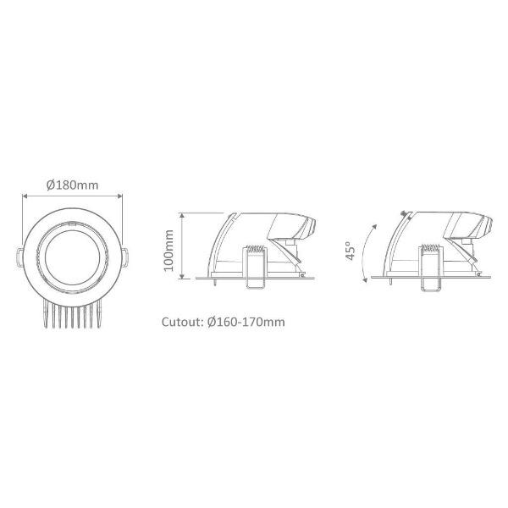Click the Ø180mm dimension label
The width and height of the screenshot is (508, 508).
point(72,185)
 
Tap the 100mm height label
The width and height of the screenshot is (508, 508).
point(168,251)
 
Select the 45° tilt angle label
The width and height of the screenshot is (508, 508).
point(350,251)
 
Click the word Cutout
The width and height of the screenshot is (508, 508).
point(182,322)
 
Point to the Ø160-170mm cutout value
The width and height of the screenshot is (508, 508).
point(246,322)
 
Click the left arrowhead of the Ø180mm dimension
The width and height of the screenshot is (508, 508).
point(25,196)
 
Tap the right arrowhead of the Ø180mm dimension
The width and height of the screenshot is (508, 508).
point(120,196)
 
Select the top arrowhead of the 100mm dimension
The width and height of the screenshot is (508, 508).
point(182,216)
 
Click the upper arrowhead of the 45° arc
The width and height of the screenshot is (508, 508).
point(375,226)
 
